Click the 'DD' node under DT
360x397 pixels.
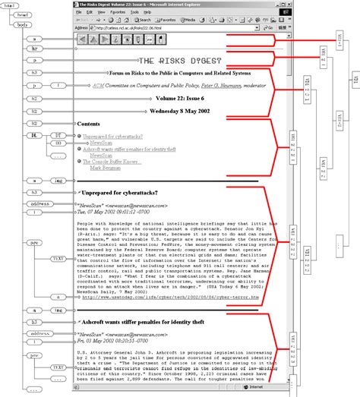(58, 143)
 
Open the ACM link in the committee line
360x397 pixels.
(97, 87)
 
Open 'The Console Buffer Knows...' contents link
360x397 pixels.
(112, 162)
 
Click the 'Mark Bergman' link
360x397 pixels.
(105, 168)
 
